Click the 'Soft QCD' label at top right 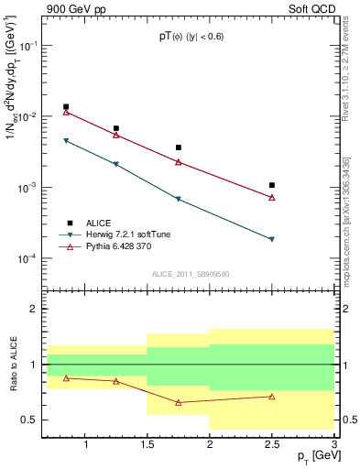[311, 7]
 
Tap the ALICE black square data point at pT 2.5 [272, 185]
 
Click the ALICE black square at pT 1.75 [179, 147]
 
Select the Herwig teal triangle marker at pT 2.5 [272, 240]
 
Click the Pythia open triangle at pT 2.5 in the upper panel [272, 197]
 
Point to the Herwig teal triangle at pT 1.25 [116, 165]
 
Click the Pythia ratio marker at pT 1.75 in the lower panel [179, 402]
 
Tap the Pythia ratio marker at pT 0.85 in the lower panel [66, 377]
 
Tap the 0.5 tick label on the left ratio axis [29, 420]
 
